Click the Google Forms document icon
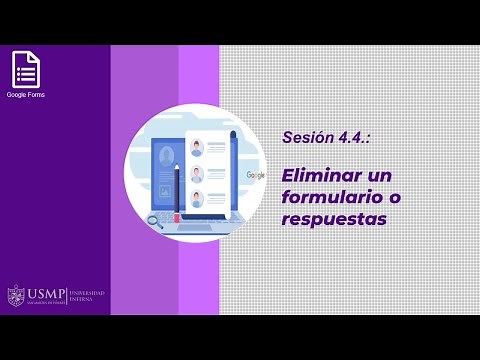click(25, 70)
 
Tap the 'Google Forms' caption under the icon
click(25, 95)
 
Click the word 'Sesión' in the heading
click(304, 137)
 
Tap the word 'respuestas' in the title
click(332, 217)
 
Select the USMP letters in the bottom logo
click(45, 295)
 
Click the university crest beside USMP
click(15, 296)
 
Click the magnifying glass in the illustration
click(155, 222)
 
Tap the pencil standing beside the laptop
click(176, 190)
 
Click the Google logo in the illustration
click(255, 175)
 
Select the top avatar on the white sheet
click(197, 147)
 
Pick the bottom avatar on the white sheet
click(197, 198)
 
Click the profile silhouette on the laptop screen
click(165, 156)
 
